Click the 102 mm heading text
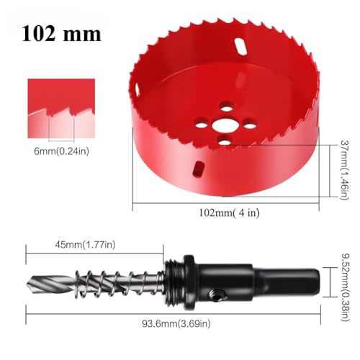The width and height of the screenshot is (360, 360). [x=61, y=33]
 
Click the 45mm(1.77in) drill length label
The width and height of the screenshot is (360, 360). [x=85, y=245]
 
